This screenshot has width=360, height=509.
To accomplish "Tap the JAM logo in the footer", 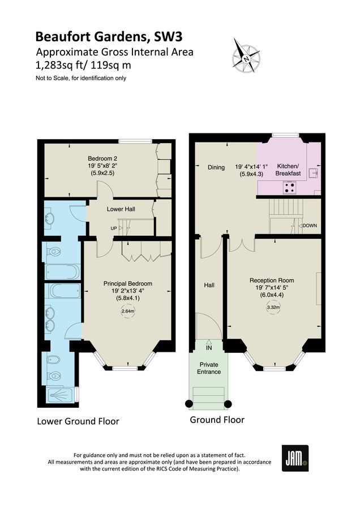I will (295, 457).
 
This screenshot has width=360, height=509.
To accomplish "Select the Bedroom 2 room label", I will (102, 158).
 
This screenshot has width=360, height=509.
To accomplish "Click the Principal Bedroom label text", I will (127, 283).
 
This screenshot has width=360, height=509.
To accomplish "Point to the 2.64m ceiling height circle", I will (128, 311).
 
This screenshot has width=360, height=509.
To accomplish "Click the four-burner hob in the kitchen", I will (292, 187).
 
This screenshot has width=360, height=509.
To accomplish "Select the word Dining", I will (216, 167).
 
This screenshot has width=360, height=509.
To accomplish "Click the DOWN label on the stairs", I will (310, 226).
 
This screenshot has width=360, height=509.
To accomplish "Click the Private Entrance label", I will (209, 368).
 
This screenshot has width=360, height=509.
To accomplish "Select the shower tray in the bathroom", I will (59, 395).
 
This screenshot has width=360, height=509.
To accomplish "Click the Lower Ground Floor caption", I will (78, 421).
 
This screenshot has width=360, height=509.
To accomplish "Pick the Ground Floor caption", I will (217, 420).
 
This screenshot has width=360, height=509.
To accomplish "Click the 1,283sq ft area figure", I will (59, 65).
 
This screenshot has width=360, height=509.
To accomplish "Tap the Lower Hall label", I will (121, 209).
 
